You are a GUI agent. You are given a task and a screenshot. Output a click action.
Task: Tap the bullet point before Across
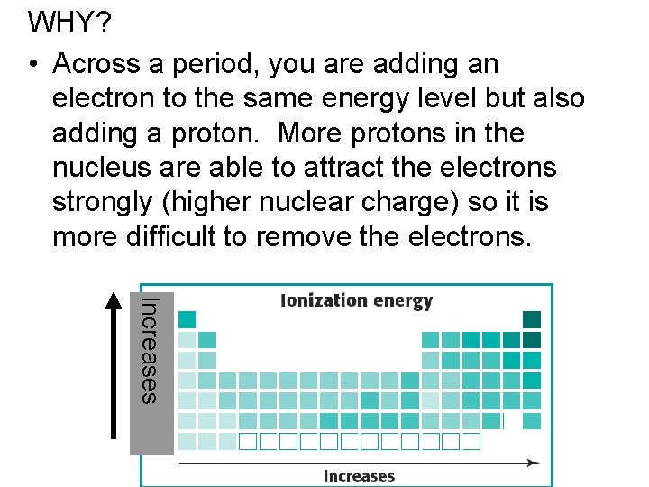click(x=32, y=65)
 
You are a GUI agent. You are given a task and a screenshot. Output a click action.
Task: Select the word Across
click(x=96, y=64)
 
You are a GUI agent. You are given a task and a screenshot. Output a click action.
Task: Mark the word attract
click(x=332, y=169)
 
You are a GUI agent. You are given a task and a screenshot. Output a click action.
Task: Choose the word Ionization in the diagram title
click(x=324, y=302)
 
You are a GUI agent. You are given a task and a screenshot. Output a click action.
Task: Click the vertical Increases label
click(x=151, y=350)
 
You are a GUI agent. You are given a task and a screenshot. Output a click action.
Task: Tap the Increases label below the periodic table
click(x=359, y=475)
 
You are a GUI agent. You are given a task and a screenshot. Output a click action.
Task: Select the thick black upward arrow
click(x=113, y=365)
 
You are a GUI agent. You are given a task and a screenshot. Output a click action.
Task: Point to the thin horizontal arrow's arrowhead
click(x=534, y=463)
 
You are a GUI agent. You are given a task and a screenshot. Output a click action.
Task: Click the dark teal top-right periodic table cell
click(x=532, y=319)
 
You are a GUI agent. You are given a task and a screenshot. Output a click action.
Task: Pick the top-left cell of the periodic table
click(x=187, y=319)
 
